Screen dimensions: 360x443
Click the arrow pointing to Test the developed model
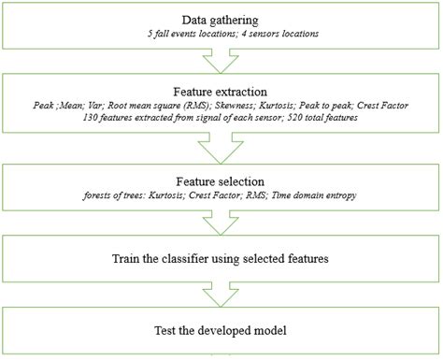click(x=221, y=292)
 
